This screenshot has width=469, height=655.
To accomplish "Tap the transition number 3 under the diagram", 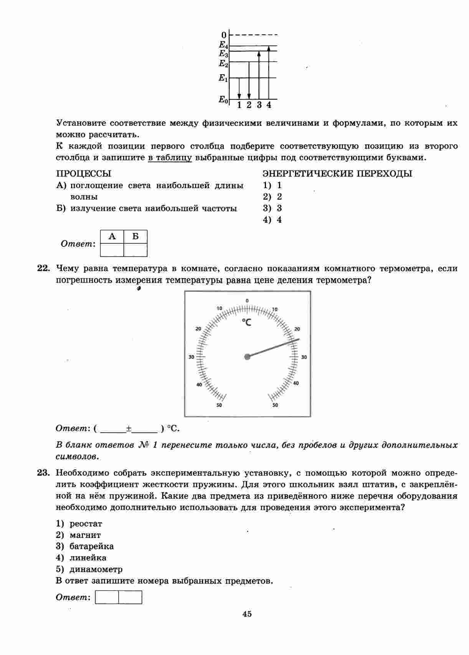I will [259, 105].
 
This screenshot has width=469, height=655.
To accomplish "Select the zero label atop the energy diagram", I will [224, 35].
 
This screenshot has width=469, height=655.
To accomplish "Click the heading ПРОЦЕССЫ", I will [84, 174].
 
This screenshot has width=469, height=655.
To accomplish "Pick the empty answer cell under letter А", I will [112, 250].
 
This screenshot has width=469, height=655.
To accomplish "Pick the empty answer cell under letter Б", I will [135, 250].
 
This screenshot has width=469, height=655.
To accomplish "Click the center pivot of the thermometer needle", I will [247, 357].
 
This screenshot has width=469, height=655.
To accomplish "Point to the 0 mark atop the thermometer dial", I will [247, 301].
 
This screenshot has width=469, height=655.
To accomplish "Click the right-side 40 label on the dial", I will [296, 383].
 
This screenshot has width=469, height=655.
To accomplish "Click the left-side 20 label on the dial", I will [198, 329].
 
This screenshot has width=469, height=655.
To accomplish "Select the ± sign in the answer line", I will [129, 428].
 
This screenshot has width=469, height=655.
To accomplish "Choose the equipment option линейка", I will [88, 557].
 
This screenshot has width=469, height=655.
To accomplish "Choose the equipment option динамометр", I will [96, 569].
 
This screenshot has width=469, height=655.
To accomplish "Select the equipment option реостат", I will [86, 524].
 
